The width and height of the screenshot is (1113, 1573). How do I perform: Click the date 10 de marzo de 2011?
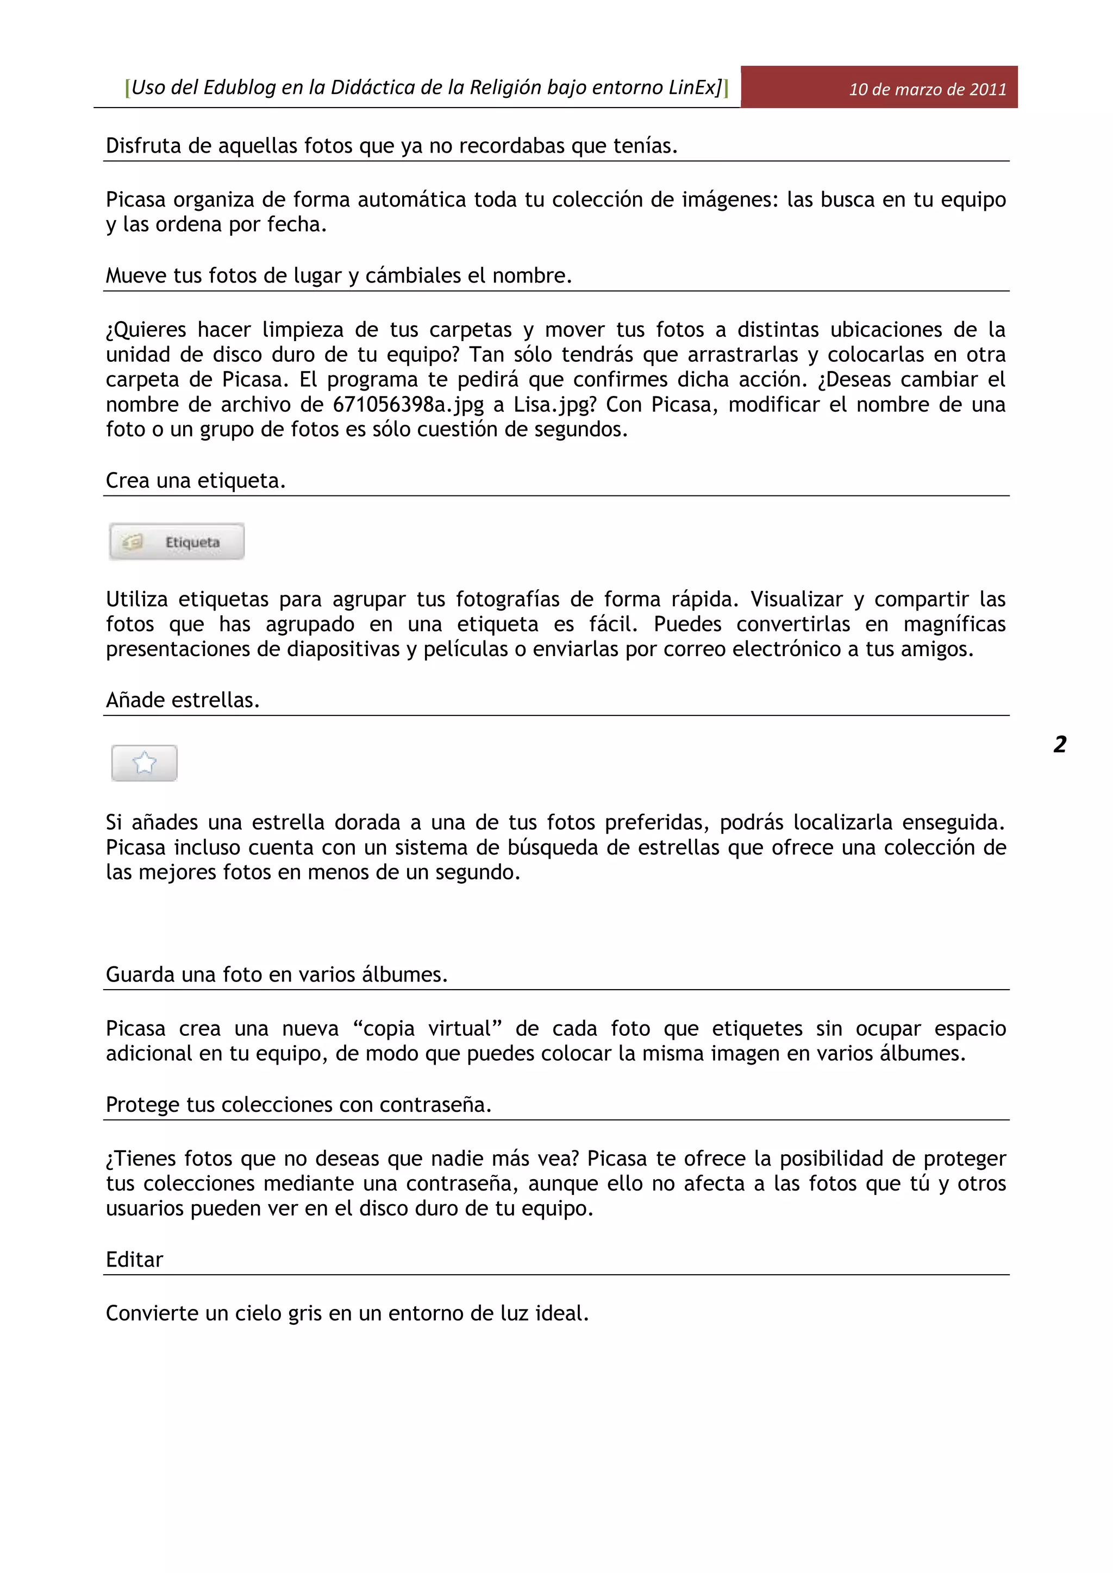point(927,89)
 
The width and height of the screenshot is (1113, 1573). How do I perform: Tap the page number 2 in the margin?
point(1060,744)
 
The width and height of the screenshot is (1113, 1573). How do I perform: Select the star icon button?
point(145,763)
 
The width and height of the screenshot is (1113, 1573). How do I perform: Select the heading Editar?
point(134,1259)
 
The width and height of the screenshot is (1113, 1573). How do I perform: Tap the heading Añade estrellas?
point(182,700)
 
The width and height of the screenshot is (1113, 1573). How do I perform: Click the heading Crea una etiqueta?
point(195,481)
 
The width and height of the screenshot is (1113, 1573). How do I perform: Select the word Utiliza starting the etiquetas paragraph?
point(136,600)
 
